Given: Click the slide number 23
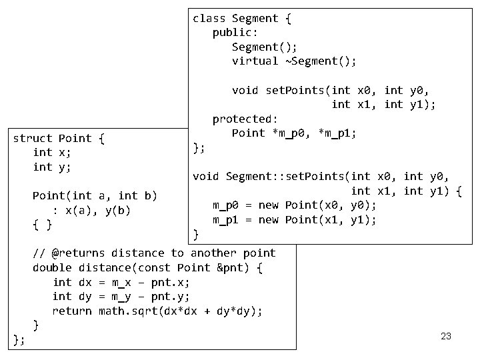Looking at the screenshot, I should pyautogui.click(x=446, y=336).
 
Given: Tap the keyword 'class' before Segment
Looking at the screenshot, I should pyautogui.click(x=209, y=18).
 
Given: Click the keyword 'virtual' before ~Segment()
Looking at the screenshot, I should pyautogui.click(x=255, y=61).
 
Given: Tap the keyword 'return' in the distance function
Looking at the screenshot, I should pyautogui.click(x=72, y=311).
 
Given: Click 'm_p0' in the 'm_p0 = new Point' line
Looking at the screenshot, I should pyautogui.click(x=225, y=205).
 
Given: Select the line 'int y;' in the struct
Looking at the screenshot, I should pyautogui.click(x=52, y=167).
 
